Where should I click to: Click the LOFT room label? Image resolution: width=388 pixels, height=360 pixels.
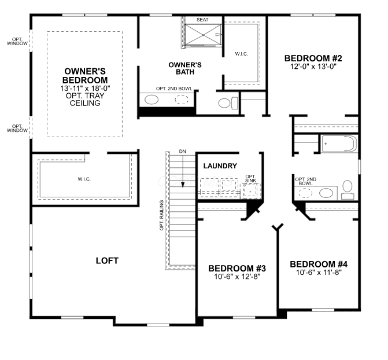coord(107,260)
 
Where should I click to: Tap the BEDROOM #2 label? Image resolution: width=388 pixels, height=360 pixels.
coord(313,58)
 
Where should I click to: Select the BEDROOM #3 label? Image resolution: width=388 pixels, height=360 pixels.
coord(237,269)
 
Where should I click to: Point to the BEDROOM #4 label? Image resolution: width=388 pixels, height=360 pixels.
coord(319,264)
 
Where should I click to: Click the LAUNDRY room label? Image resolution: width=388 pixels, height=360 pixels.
coord(220,166)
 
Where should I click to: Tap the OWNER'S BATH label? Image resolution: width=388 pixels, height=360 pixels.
coord(185,68)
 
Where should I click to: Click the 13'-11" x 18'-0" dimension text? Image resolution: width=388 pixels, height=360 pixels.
coord(85,88)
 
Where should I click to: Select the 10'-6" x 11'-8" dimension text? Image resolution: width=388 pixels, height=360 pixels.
coord(319,273)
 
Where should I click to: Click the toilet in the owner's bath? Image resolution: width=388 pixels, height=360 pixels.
coord(228,103)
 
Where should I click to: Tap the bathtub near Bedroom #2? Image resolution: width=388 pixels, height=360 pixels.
coord(339,144)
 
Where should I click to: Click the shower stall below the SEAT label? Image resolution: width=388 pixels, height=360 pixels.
coord(203,35)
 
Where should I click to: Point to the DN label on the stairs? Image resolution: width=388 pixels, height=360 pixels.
coord(182,152)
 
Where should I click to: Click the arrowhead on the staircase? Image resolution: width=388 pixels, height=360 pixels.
coord(183,185)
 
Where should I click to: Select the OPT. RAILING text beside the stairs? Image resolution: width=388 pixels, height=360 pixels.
coord(161,215)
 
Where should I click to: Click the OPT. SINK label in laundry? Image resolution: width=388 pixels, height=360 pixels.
coord(250,179)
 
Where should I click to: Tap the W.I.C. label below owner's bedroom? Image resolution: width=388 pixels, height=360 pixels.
coord(84,179)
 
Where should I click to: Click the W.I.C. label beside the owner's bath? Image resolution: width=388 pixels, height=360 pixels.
coord(242,54)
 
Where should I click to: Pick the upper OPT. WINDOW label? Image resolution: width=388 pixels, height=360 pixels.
coord(17,41)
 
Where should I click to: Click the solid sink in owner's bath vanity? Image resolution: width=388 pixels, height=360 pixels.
coord(151,100)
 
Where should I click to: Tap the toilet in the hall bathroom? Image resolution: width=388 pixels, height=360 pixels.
coord(348,190)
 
